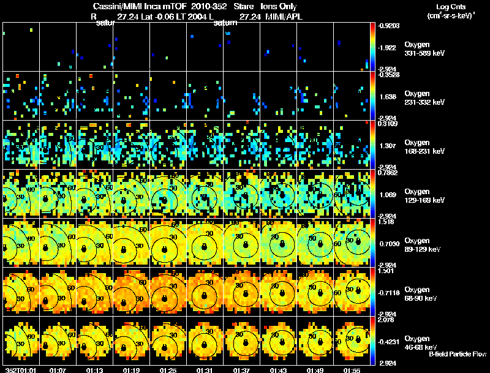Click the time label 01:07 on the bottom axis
click(x=58, y=370)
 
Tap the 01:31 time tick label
click(x=206, y=370)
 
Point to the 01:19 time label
click(x=132, y=370)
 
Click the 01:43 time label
click(x=279, y=370)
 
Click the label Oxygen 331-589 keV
click(x=424, y=49)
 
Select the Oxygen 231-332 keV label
click(x=424, y=97)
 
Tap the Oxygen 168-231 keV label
click(x=424, y=146)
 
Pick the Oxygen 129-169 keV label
click(x=424, y=195)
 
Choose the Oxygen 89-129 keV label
click(x=423, y=244)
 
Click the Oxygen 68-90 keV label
click(x=423, y=293)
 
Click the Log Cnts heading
click(x=450, y=6)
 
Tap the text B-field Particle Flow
click(x=457, y=354)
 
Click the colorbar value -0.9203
click(x=388, y=26)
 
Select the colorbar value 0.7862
click(x=388, y=173)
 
